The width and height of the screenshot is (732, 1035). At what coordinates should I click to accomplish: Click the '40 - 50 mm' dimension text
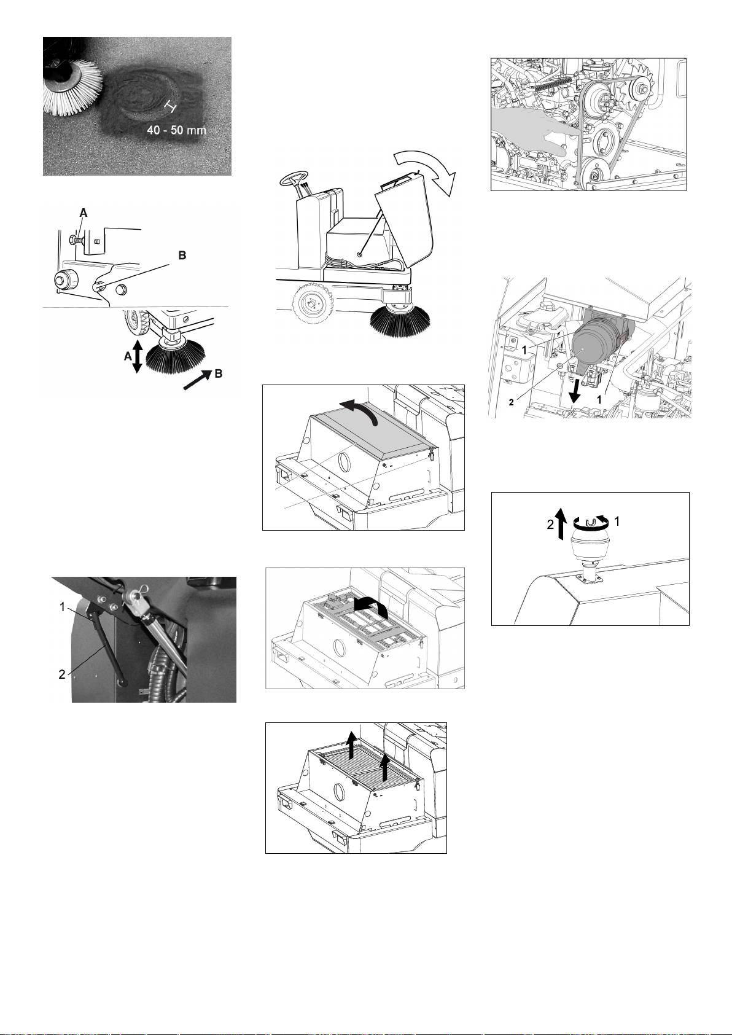[176, 130]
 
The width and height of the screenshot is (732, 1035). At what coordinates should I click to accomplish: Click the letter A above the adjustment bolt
[84, 213]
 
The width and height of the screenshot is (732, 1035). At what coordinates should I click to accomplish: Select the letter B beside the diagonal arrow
[219, 373]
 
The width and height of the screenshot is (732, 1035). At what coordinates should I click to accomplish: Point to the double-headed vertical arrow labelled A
[137, 357]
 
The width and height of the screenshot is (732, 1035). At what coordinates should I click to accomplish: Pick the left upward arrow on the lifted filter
[351, 745]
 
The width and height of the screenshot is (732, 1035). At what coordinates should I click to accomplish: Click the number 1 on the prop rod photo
[63, 607]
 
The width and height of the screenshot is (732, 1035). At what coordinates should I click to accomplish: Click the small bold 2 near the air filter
[512, 402]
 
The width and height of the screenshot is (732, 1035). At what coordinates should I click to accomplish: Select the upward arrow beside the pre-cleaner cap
[560, 523]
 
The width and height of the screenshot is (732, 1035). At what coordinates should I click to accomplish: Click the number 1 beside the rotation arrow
[617, 521]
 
